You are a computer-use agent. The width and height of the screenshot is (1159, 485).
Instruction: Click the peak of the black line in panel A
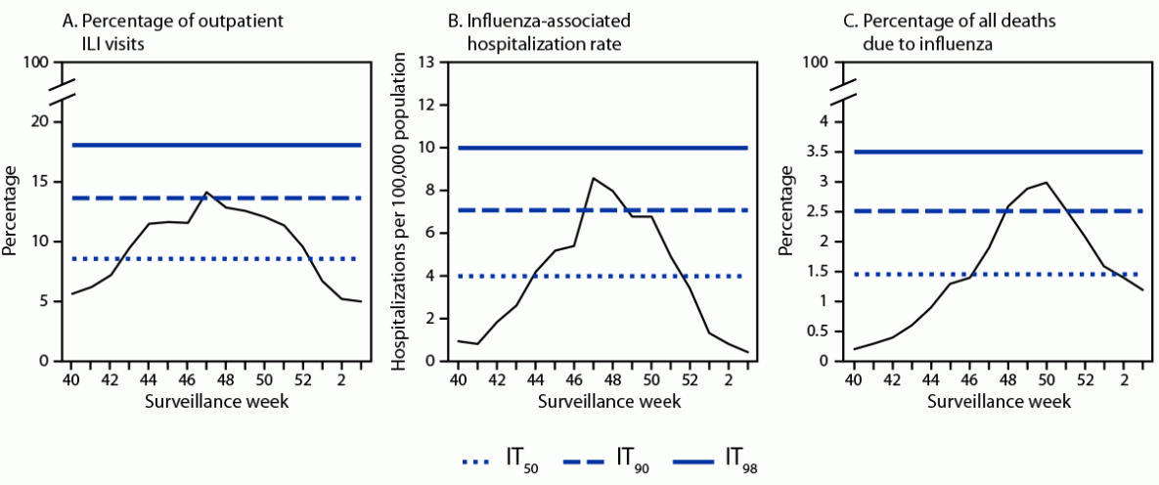tap(206, 193)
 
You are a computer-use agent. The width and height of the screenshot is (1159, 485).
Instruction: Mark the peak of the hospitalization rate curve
tap(593, 178)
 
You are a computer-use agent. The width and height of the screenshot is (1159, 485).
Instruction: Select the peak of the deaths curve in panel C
tap(992, 183)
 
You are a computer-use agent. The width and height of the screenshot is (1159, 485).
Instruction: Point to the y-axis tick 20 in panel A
tap(38, 122)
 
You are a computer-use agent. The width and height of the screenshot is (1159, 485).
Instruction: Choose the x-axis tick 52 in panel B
tap(690, 378)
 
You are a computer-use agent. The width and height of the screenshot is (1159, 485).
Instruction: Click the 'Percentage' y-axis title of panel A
tap(11, 211)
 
